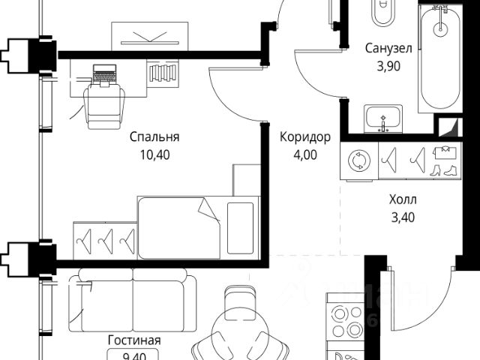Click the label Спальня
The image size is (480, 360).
[154, 136]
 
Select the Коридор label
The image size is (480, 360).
[304, 136]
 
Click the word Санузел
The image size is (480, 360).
[388, 49]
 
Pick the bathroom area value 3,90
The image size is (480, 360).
[388, 67]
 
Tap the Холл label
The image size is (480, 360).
[403, 200]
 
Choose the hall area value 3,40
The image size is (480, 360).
[403, 218]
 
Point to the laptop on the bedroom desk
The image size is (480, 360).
[104, 74]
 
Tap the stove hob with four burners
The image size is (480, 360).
[346, 320]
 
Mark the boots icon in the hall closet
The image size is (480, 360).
[448, 169]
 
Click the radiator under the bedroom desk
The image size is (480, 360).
[163, 73]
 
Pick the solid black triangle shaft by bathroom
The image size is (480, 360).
[448, 128]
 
